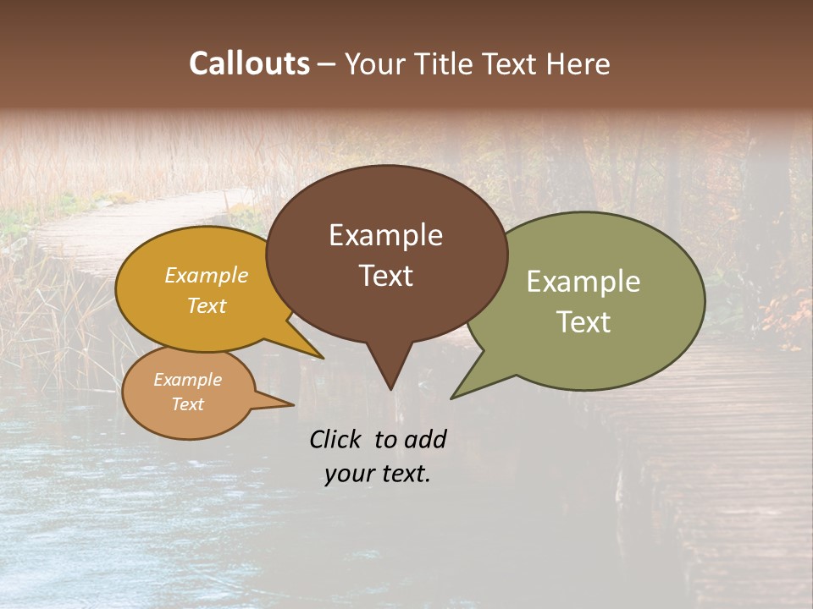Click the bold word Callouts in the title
click(249, 63)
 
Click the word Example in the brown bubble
click(385, 235)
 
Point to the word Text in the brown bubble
click(385, 276)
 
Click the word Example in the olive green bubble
click(583, 282)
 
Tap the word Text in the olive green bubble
click(583, 322)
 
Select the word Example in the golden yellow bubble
click(207, 275)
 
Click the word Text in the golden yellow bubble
click(207, 305)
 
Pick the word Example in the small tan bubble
click(187, 380)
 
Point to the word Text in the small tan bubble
click(187, 404)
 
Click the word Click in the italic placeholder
click(338, 439)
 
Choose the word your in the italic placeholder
click(349, 474)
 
